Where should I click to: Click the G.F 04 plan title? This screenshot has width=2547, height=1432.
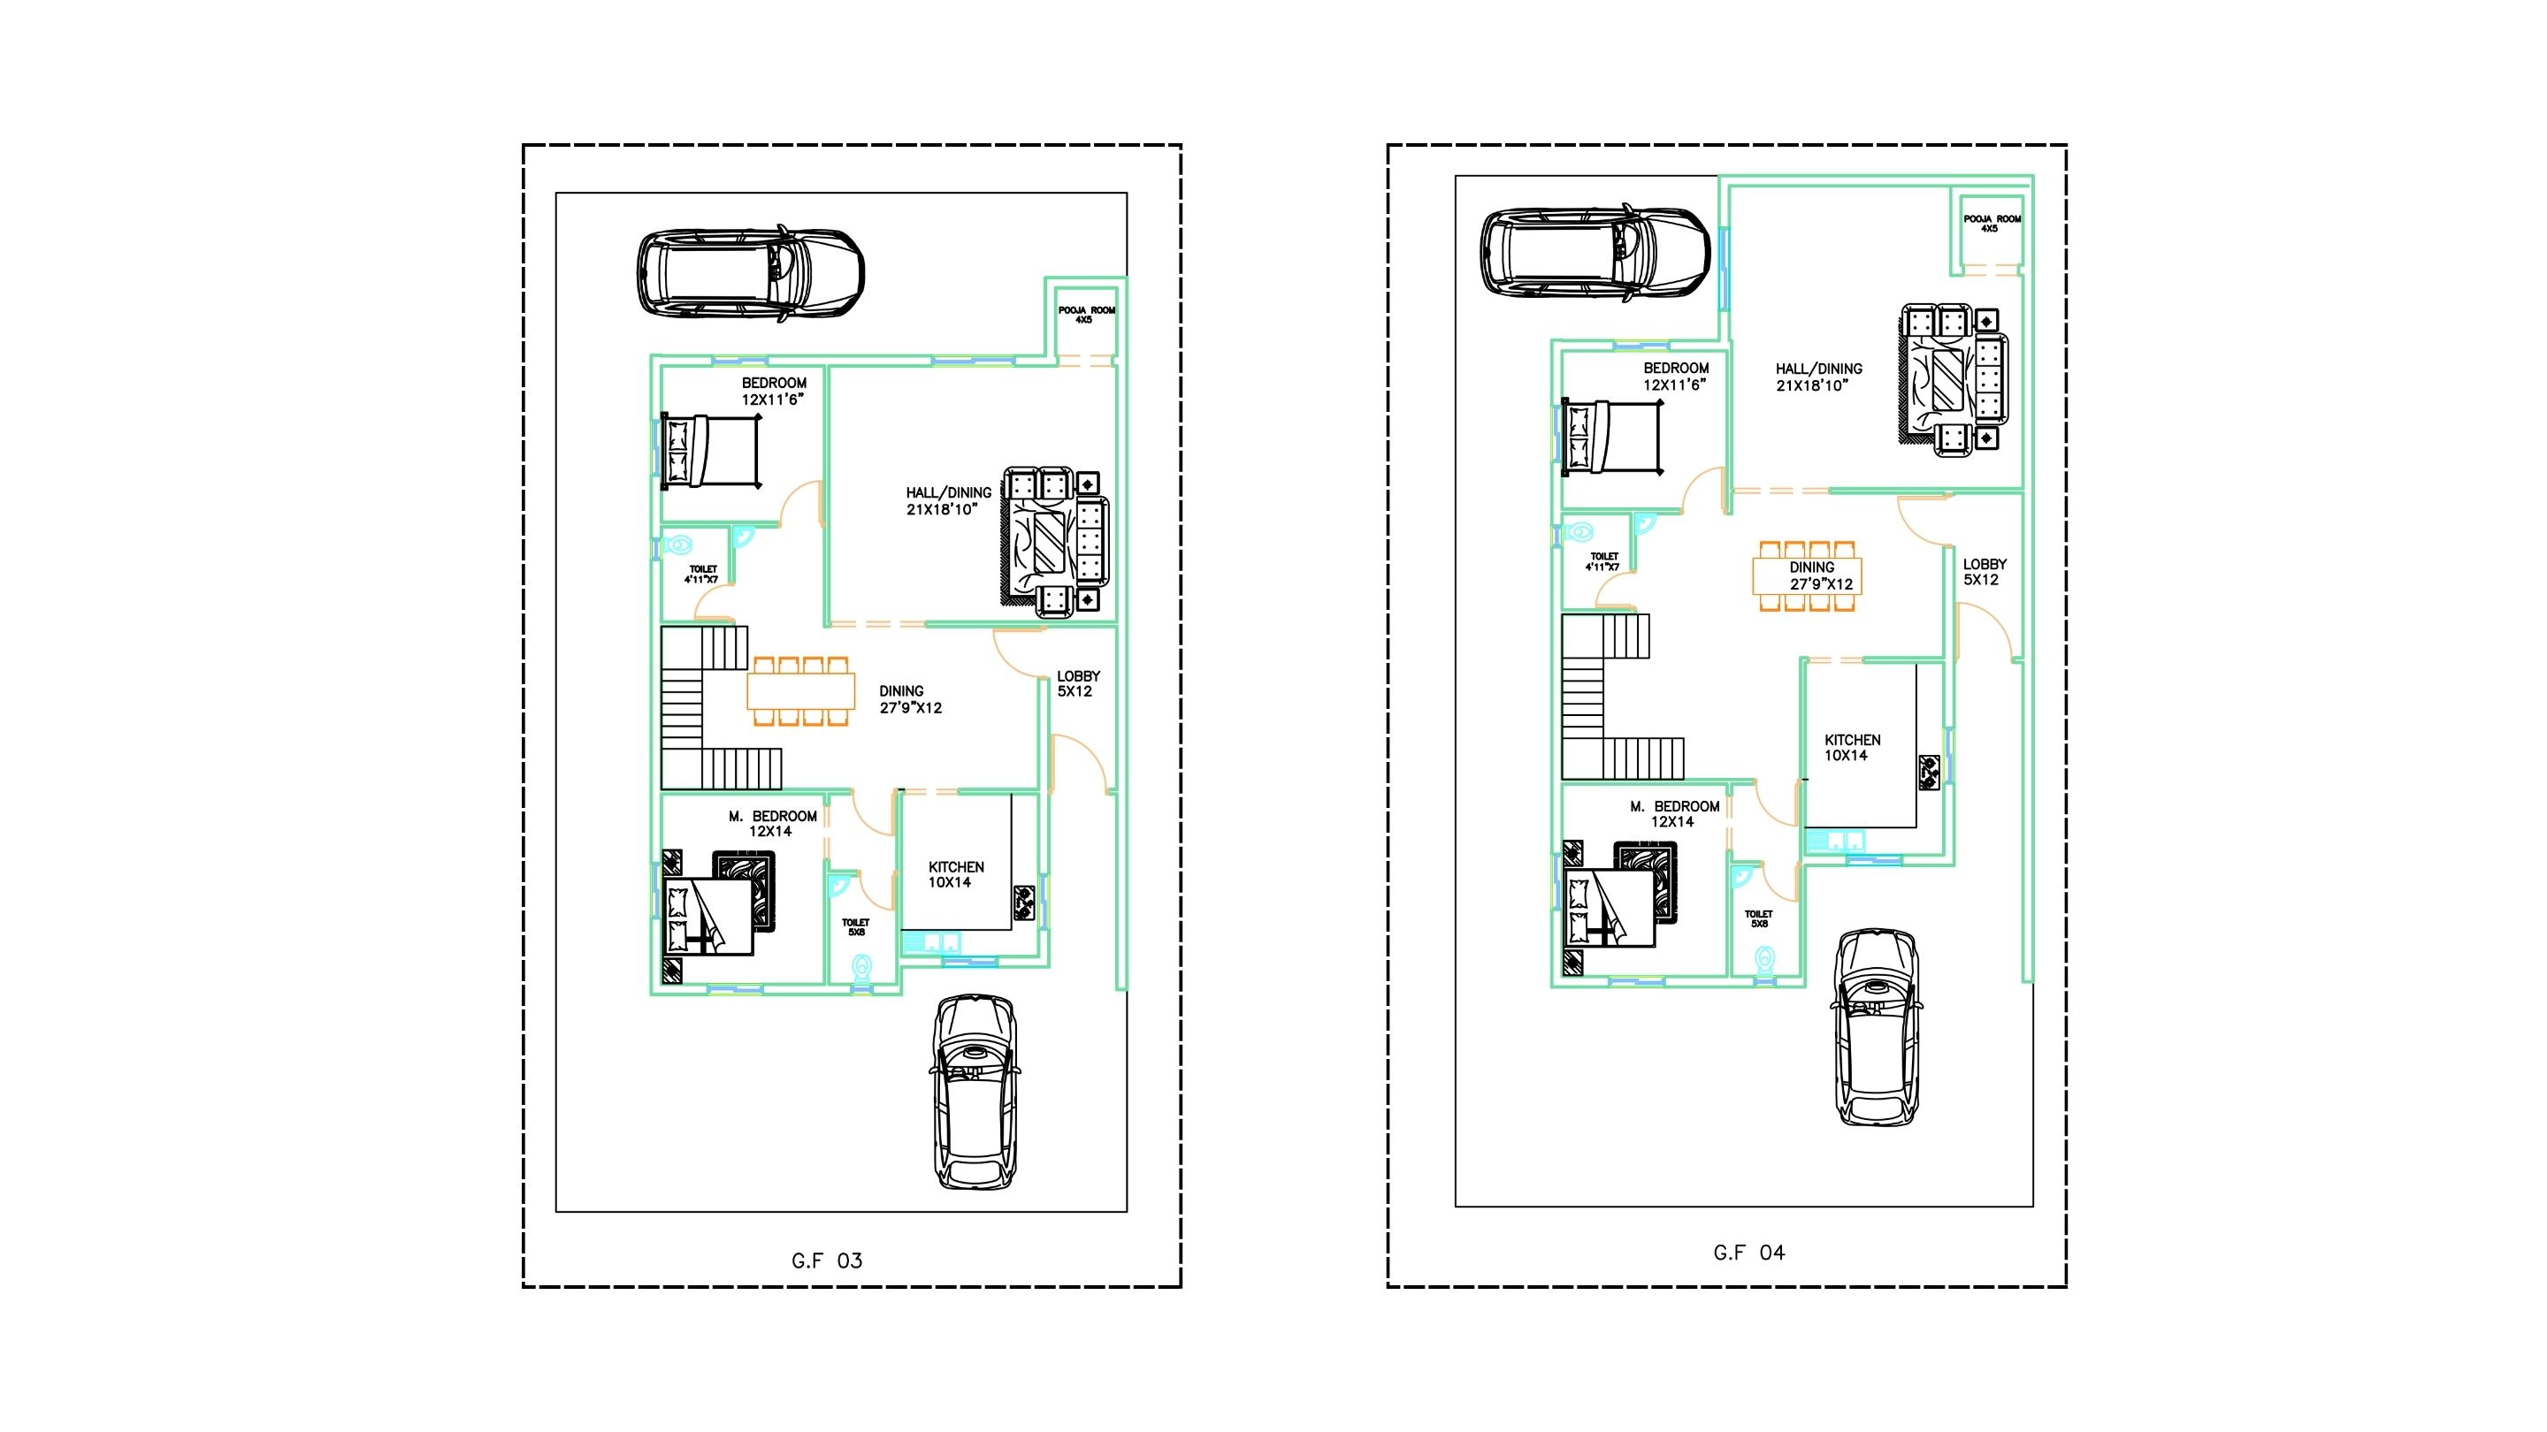[1749, 1253]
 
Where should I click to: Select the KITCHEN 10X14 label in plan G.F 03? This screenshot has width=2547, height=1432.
[955, 874]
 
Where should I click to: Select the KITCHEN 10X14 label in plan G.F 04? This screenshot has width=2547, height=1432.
[1852, 747]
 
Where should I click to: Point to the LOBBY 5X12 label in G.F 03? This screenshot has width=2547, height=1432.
[1078, 684]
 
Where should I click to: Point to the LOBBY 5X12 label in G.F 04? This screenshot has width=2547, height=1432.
[1985, 572]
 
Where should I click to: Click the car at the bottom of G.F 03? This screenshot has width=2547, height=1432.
[975, 1092]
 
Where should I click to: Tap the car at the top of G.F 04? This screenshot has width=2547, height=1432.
[1595, 251]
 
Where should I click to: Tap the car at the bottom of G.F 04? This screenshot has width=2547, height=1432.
[1877, 1025]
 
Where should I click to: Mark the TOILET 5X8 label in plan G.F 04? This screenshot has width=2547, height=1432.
[1759, 919]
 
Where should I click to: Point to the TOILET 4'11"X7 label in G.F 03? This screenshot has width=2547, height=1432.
[703, 575]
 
